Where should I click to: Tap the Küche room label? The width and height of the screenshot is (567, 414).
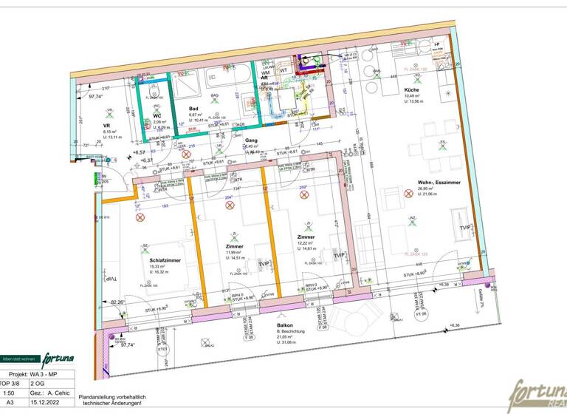pos(411,91)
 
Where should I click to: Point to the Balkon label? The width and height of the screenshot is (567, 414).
pos(286,326)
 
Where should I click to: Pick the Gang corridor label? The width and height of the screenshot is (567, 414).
pos(252,140)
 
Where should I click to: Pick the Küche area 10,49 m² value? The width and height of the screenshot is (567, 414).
pos(412,97)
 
